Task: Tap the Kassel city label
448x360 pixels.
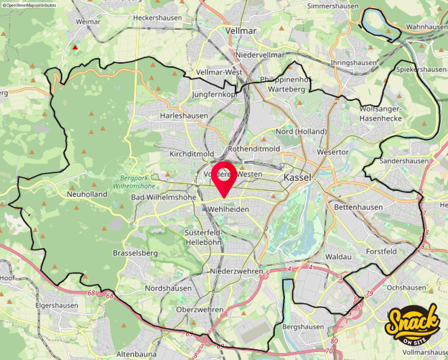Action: [297, 178]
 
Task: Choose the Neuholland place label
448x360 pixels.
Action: [87, 194]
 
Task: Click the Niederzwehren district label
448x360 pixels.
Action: [237, 271]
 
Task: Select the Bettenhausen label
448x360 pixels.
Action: [358, 207]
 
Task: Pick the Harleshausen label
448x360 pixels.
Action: [184, 116]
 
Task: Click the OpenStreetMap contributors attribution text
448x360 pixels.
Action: [29, 5]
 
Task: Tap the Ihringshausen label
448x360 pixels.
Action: [353, 63]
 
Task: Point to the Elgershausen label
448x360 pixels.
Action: [56, 305]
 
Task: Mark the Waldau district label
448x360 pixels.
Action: [339, 257]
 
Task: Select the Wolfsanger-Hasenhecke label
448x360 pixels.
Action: [380, 113]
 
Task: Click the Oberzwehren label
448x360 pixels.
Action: [199, 310]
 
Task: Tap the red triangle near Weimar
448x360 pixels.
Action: [75, 47]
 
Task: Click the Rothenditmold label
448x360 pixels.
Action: [254, 149]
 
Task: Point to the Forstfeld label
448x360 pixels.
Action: [381, 252]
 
